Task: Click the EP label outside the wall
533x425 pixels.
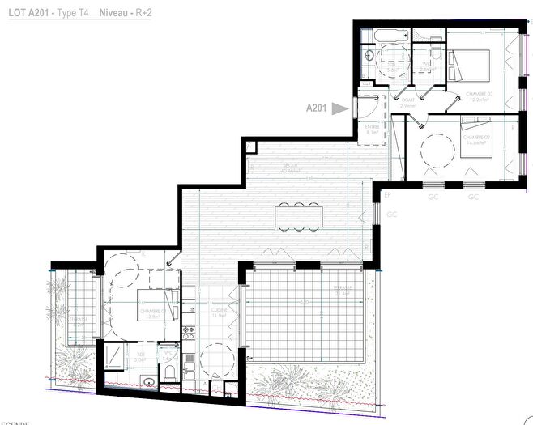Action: [x=387, y=196]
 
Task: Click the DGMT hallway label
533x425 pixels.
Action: [x=408, y=99]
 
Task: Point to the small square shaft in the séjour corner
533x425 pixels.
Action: [x=250, y=148]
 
